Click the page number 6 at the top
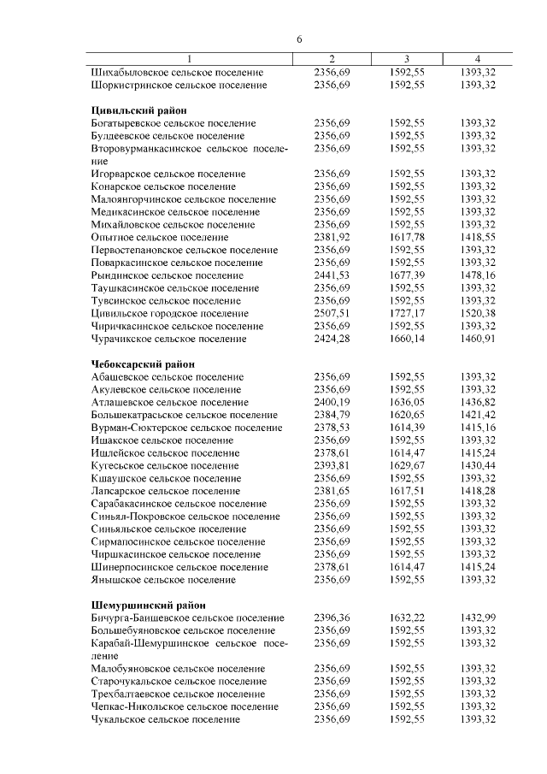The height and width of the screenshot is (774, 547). coord(299,39)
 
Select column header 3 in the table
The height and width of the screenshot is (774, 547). coord(406,58)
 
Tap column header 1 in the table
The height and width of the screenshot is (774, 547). coord(190,58)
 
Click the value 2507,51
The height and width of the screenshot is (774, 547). coord(332,314)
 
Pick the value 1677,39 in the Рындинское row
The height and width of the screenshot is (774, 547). coord(406,275)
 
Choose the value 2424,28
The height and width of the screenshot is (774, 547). coord(332,339)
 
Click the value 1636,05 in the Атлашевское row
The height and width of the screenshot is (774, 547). coord(406,402)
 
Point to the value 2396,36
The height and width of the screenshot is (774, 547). coord(332,617)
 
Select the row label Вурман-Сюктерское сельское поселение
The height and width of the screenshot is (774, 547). coord(186,428)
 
